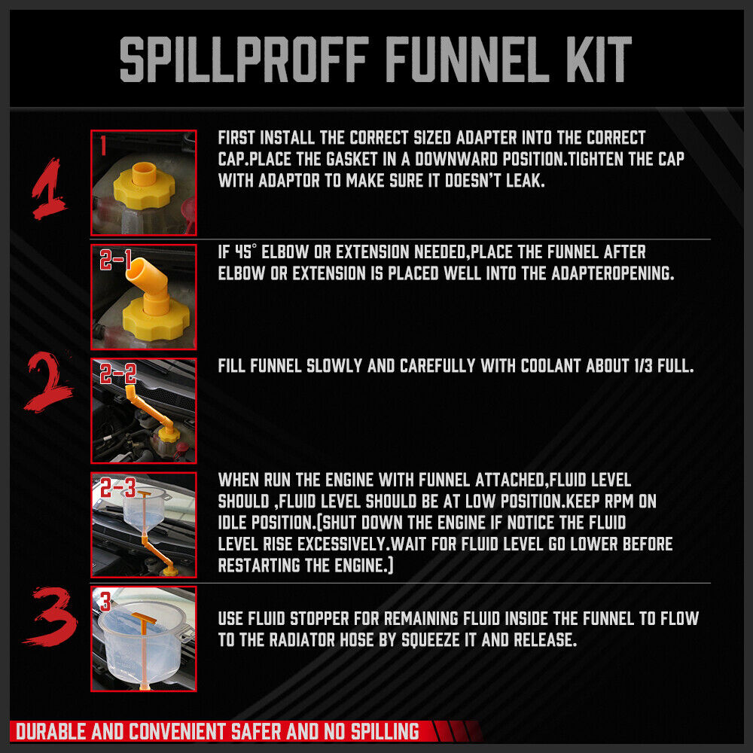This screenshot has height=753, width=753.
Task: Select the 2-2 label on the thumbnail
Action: coord(116,373)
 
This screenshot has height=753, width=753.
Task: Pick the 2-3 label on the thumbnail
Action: coord(116,488)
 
